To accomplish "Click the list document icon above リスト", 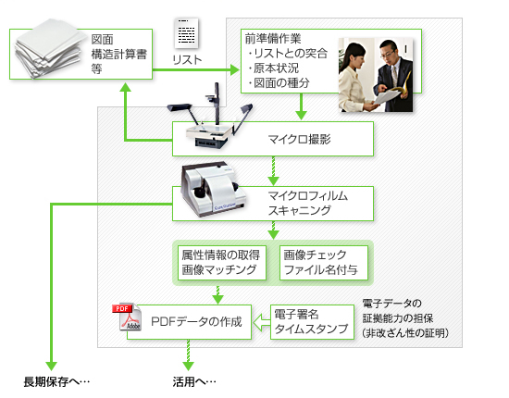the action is [x=187, y=33].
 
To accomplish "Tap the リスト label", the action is [x=187, y=60].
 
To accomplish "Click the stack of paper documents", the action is [x=48, y=49].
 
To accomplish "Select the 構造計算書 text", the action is [x=119, y=55].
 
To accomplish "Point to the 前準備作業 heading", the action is [x=273, y=39].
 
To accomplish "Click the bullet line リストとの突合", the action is [x=288, y=54].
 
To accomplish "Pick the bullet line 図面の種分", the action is [x=279, y=83].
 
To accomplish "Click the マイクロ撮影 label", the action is [x=299, y=139].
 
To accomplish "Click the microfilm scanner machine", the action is [x=213, y=189].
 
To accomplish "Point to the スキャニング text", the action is [x=299, y=211].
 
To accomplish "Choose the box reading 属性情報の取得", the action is [x=222, y=263].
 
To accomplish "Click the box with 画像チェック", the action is [x=324, y=263].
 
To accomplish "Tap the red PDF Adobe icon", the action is [x=127, y=317].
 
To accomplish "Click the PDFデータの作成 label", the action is [x=197, y=322].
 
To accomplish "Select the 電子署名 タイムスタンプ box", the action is [x=312, y=322].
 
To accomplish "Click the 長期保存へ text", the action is [x=56, y=381].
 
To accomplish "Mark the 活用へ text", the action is [x=194, y=381].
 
